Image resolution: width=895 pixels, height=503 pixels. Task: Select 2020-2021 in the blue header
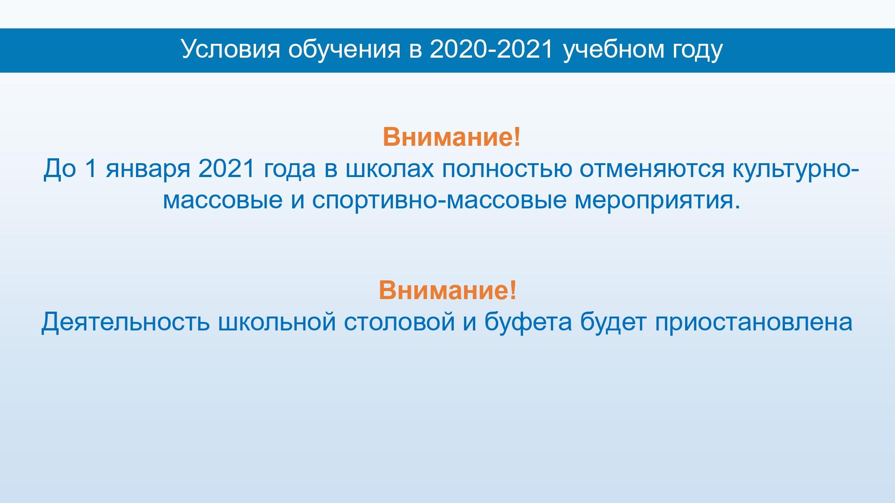pyautogui.click(x=492, y=49)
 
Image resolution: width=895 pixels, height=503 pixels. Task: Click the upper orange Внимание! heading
pyautogui.click(x=452, y=137)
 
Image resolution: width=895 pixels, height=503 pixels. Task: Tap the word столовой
pyautogui.click(x=400, y=322)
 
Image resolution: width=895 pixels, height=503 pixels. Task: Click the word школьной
pyautogui.click(x=277, y=322)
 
